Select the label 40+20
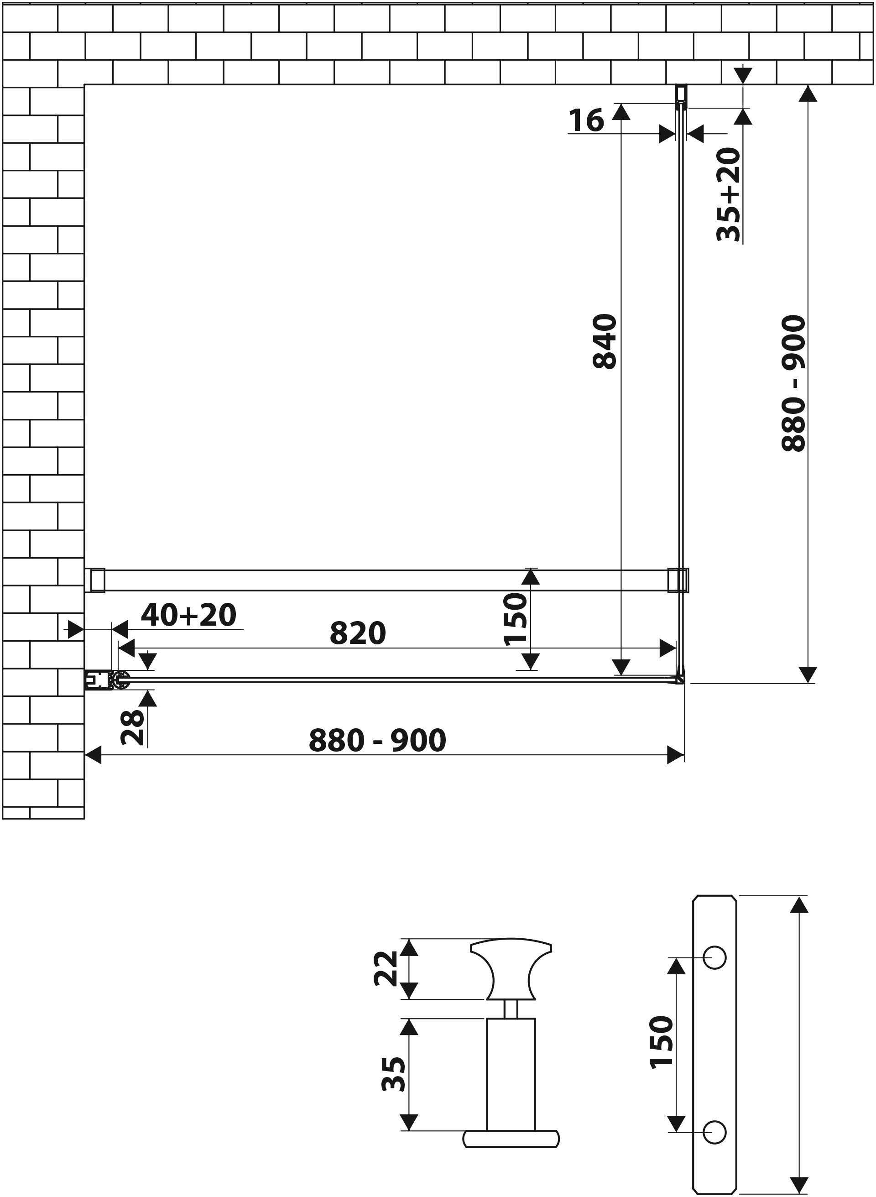(x=189, y=615)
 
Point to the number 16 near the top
(x=586, y=120)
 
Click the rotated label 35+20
(x=728, y=195)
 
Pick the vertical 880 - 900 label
(x=793, y=383)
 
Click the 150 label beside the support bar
(x=516, y=619)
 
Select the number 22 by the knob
(x=386, y=968)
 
